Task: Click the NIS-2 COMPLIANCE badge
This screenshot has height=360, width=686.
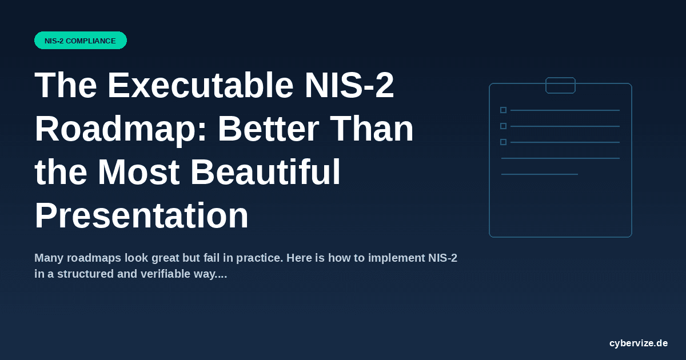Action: click(x=80, y=41)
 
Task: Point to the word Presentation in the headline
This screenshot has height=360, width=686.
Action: click(x=142, y=216)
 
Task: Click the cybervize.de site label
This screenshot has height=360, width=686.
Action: click(x=639, y=343)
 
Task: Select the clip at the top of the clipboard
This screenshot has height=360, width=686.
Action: click(x=560, y=85)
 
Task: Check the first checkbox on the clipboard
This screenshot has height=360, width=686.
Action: click(x=503, y=110)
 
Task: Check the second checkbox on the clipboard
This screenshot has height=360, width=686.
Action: click(x=503, y=126)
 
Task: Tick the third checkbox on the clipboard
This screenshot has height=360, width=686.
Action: click(x=503, y=142)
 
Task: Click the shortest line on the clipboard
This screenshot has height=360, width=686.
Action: click(x=539, y=174)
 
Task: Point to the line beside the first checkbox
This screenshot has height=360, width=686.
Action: click(x=565, y=110)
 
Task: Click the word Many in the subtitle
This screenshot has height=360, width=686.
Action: click(x=50, y=258)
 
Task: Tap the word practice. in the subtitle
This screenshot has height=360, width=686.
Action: click(x=260, y=258)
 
